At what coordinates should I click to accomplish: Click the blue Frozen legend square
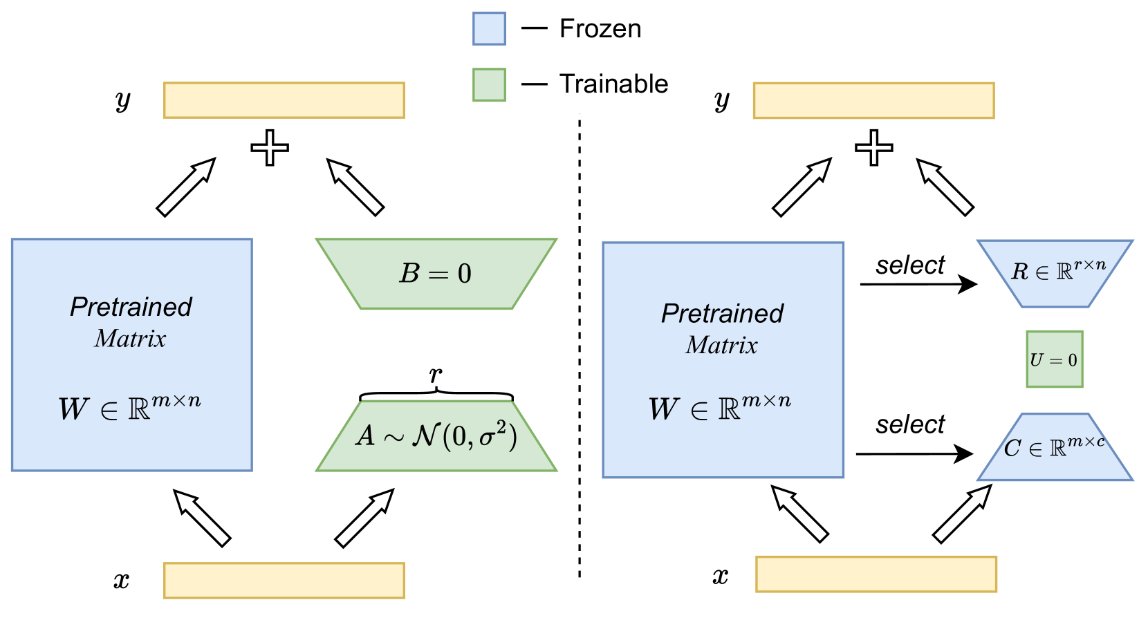489,28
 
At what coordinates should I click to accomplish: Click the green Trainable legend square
489,84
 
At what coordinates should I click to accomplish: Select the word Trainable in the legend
613,84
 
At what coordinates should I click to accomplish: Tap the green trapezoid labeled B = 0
436,274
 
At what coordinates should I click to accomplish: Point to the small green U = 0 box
1054,359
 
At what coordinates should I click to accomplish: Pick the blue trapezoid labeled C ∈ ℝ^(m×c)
1055,448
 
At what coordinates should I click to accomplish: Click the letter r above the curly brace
436,374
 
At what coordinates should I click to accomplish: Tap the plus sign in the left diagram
270,148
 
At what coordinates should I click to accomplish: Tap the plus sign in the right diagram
873,148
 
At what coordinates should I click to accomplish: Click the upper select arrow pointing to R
918,283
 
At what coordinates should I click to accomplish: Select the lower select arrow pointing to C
914,454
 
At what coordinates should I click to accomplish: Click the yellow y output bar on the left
284,100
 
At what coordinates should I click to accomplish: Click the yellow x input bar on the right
876,574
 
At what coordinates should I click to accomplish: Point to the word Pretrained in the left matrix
131,306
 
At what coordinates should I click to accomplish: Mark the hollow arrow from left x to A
364,518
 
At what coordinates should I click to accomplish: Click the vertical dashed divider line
579,346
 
